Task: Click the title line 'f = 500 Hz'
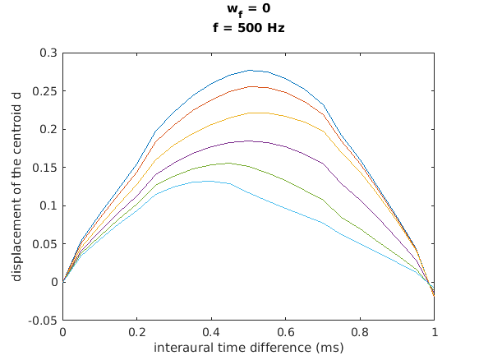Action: (248, 27)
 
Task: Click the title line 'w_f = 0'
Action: (248, 12)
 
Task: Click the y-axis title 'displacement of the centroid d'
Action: (17, 186)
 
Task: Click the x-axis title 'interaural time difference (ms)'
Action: (248, 348)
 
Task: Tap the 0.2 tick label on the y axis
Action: (49, 129)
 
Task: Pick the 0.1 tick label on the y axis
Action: (49, 205)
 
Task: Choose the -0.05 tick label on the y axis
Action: (44, 321)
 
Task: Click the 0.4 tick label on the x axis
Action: (211, 333)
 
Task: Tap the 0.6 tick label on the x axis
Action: (286, 333)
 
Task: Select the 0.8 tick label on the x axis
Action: (360, 333)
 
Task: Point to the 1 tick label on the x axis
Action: (435, 333)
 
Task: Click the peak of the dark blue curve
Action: (249, 70)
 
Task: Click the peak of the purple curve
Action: (249, 141)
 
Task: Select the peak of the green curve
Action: (230, 163)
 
